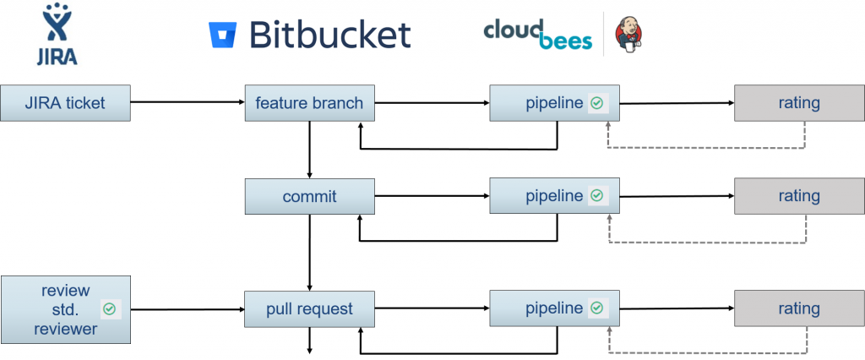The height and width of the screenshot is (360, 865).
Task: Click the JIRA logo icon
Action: [58, 31]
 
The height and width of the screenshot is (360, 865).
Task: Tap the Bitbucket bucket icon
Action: [222, 35]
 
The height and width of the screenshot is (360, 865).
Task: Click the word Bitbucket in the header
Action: [329, 35]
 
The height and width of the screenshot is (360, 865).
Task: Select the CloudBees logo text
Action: [537, 34]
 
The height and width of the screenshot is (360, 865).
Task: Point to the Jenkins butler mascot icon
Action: [628, 35]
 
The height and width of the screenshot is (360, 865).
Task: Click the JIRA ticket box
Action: [65, 103]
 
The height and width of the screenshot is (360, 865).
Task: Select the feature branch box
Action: [309, 103]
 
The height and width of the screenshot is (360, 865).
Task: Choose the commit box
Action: [309, 196]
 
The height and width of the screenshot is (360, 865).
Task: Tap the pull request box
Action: [309, 308]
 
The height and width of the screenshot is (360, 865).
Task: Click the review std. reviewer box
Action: [65, 308]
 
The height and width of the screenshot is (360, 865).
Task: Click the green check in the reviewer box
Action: [110, 308]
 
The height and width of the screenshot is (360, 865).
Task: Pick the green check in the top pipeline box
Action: [597, 103]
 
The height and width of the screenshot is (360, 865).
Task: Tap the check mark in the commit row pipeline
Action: [597, 196]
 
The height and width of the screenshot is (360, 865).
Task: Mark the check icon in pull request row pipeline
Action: [597, 308]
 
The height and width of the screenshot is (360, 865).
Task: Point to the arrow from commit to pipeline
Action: [432, 196]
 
